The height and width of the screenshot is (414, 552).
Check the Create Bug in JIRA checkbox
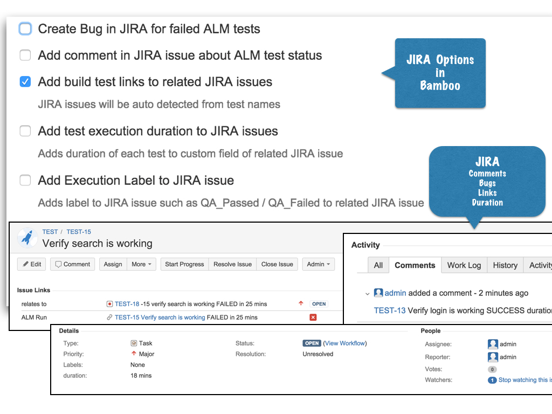pyautogui.click(x=25, y=29)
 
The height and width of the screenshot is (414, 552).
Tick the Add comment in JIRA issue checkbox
pyautogui.click(x=25, y=55)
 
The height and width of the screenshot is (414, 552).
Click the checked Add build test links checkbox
pyautogui.click(x=25, y=82)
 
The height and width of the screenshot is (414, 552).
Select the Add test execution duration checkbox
pyautogui.click(x=25, y=131)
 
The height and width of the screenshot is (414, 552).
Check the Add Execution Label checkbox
pyautogui.click(x=25, y=180)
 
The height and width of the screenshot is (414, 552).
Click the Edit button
pyautogui.click(x=31, y=264)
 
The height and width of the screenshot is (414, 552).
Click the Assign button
pyautogui.click(x=113, y=264)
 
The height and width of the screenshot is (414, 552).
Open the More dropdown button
pyautogui.click(x=142, y=264)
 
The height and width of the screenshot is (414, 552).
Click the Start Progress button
pyautogui.click(x=184, y=264)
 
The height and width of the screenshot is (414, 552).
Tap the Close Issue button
pyautogui.click(x=277, y=264)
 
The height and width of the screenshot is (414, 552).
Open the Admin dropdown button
pyautogui.click(x=318, y=264)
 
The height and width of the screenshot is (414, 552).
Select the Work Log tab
pyautogui.click(x=464, y=265)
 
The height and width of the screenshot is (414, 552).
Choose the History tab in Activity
pyautogui.click(x=505, y=265)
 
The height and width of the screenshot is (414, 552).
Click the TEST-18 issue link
pyautogui.click(x=127, y=304)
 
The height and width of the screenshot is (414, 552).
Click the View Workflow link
pyautogui.click(x=345, y=343)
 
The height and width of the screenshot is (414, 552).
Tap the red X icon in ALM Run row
pyautogui.click(x=313, y=318)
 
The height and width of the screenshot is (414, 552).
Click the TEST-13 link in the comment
pyautogui.click(x=390, y=310)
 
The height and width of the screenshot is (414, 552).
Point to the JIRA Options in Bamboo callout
pyautogui.click(x=440, y=73)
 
